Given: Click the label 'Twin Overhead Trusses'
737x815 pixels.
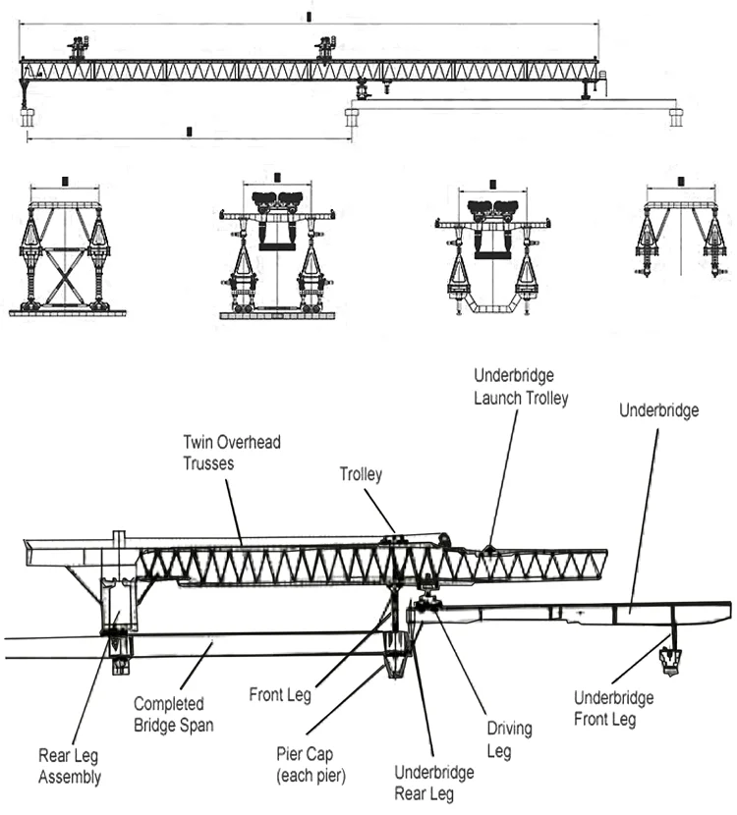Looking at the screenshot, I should (231, 453).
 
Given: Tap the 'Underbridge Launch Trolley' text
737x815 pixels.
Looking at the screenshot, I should (520, 386).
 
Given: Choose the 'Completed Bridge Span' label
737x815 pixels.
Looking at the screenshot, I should (169, 715).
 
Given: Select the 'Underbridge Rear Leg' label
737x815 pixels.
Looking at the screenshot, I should (433, 783).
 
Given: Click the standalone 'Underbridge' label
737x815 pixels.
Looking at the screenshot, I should (659, 410).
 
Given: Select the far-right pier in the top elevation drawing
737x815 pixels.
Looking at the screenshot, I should (676, 117).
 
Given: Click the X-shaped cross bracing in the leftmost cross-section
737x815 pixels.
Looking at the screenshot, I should (66, 276).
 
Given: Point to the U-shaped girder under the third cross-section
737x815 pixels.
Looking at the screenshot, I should (492, 308).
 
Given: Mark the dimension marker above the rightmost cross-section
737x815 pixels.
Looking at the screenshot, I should (681, 182).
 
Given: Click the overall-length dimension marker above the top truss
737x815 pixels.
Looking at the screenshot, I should (310, 17).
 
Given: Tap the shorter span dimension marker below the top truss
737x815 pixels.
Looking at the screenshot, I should (189, 131).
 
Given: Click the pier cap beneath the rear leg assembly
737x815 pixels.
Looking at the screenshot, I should (120, 654).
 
